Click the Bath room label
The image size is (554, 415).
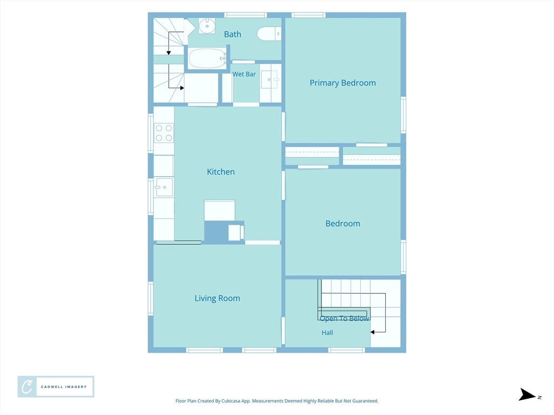click(x=233, y=34)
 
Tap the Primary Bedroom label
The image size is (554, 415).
click(x=342, y=83)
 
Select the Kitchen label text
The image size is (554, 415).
click(x=221, y=172)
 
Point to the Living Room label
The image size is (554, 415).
click(x=217, y=298)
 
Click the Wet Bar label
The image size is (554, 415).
click(x=244, y=74)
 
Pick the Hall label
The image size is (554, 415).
click(x=327, y=332)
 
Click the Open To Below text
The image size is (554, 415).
click(x=345, y=319)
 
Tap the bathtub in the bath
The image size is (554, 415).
click(x=207, y=58)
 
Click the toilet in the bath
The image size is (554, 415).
click(x=269, y=34)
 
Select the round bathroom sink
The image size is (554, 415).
click(x=207, y=26)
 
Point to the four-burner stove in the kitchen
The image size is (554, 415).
click(x=164, y=133)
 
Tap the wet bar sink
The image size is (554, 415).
click(x=270, y=80)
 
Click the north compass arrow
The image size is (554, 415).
click(x=527, y=394)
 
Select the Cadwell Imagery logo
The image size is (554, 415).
click(x=56, y=387)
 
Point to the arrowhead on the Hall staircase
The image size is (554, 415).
click(x=372, y=332)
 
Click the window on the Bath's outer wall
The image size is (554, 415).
click(x=246, y=15)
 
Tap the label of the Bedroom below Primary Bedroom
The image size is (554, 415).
click(x=342, y=223)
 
